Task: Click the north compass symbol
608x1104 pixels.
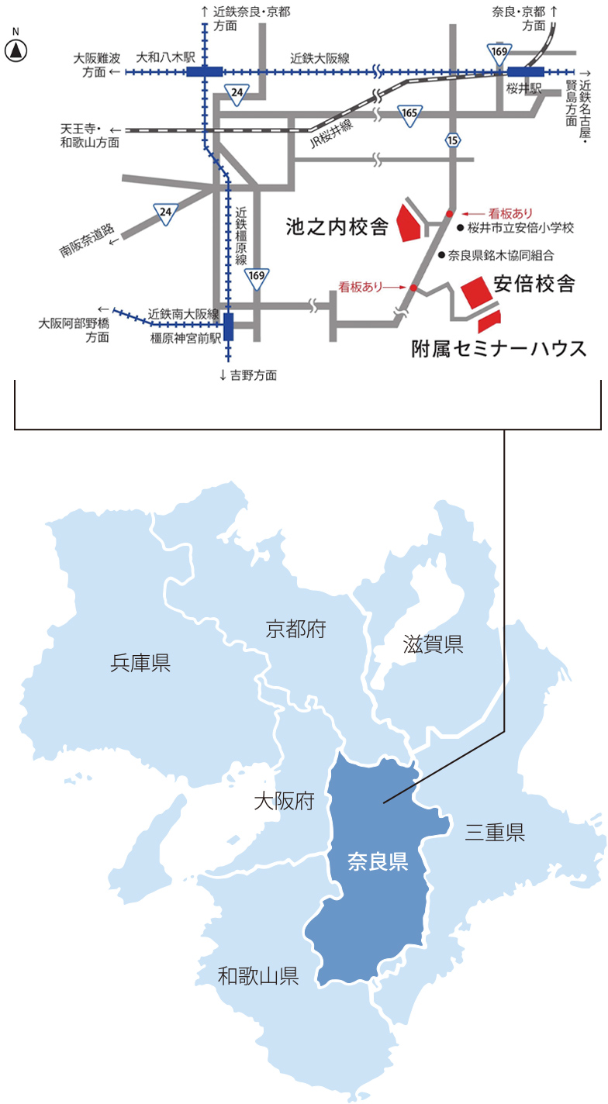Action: click(16, 51)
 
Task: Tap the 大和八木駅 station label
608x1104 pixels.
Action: click(161, 57)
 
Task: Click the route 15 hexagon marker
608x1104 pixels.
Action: click(453, 140)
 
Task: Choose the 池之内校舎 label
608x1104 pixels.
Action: click(336, 227)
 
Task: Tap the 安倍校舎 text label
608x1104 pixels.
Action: click(534, 285)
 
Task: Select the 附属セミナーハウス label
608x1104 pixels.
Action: click(499, 349)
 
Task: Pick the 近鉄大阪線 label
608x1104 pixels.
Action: click(320, 58)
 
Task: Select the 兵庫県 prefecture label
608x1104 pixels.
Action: click(140, 663)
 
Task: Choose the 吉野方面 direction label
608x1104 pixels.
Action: click(248, 375)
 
